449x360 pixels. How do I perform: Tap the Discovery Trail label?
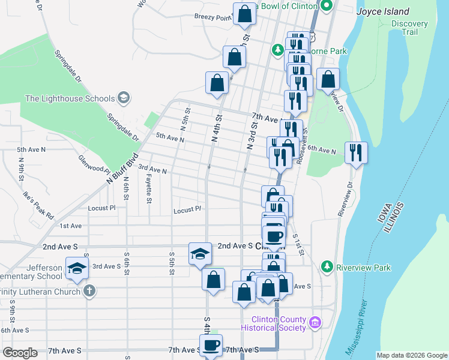click(x=409, y=28)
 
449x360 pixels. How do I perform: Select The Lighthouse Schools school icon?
click(x=124, y=98)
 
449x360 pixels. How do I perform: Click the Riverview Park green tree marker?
click(x=327, y=266)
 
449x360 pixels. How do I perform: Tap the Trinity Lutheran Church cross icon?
click(x=89, y=292)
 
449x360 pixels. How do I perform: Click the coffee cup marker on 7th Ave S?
click(x=211, y=345)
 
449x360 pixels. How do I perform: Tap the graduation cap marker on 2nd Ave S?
click(x=200, y=253)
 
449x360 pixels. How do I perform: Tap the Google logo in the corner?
click(x=20, y=353)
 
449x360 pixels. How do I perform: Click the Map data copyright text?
click(x=412, y=355)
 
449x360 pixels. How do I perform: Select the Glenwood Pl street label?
click(x=94, y=163)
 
